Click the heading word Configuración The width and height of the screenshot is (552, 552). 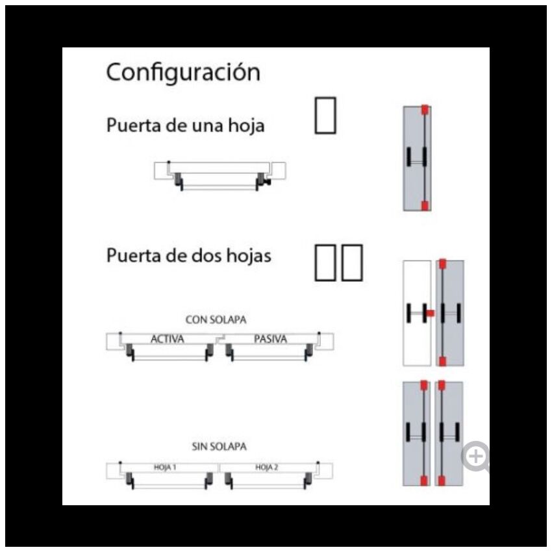pos(183,73)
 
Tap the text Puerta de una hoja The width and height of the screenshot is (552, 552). pos(186,125)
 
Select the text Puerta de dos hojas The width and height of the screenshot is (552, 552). pos(189,256)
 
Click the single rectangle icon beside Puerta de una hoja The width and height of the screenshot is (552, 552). pos(325,116)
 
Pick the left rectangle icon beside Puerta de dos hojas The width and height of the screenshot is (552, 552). pos(325,262)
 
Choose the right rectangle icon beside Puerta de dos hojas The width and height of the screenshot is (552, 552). pos(352,262)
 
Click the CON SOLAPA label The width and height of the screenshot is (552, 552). pos(216,320)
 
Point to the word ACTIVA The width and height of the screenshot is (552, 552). pos(167,339)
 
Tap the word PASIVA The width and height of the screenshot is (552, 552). pos(270,339)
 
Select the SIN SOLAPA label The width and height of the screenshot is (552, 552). pos(219,446)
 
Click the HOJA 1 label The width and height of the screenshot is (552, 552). pos(165,467)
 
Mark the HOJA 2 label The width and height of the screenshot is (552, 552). pos(266,467)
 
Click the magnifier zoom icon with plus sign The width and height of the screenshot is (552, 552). pos(476,457)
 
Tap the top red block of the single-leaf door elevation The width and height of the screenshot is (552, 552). pos(425,110)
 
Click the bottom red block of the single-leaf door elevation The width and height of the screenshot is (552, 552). pos(425,206)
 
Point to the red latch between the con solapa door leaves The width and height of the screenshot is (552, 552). pos(431,313)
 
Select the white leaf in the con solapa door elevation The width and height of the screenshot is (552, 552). pos(417,313)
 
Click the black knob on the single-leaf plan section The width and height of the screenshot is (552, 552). pos(268,182)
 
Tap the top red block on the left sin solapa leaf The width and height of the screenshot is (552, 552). pos(424,385)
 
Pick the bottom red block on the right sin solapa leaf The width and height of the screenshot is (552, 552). pos(442,481)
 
